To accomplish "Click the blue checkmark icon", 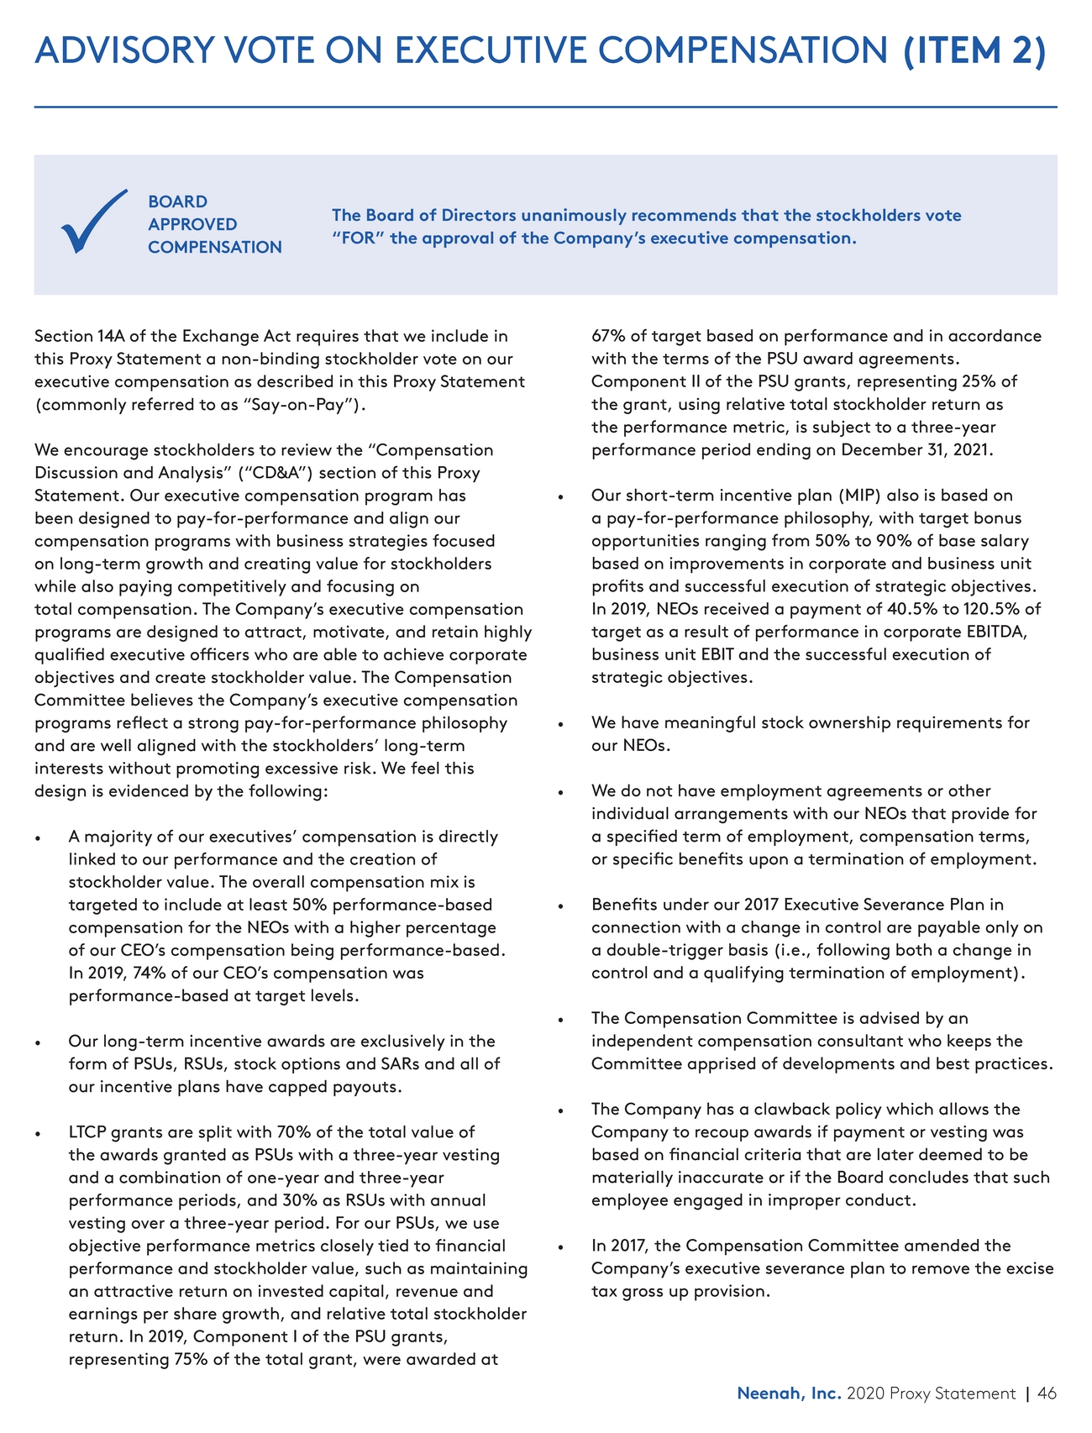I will click(x=93, y=222).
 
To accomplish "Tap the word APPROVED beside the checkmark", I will click(x=192, y=224).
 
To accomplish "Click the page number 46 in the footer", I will click(x=1047, y=1394).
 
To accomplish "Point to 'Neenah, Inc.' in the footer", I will click(x=789, y=1394).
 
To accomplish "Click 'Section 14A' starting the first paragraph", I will click(x=76, y=337).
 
